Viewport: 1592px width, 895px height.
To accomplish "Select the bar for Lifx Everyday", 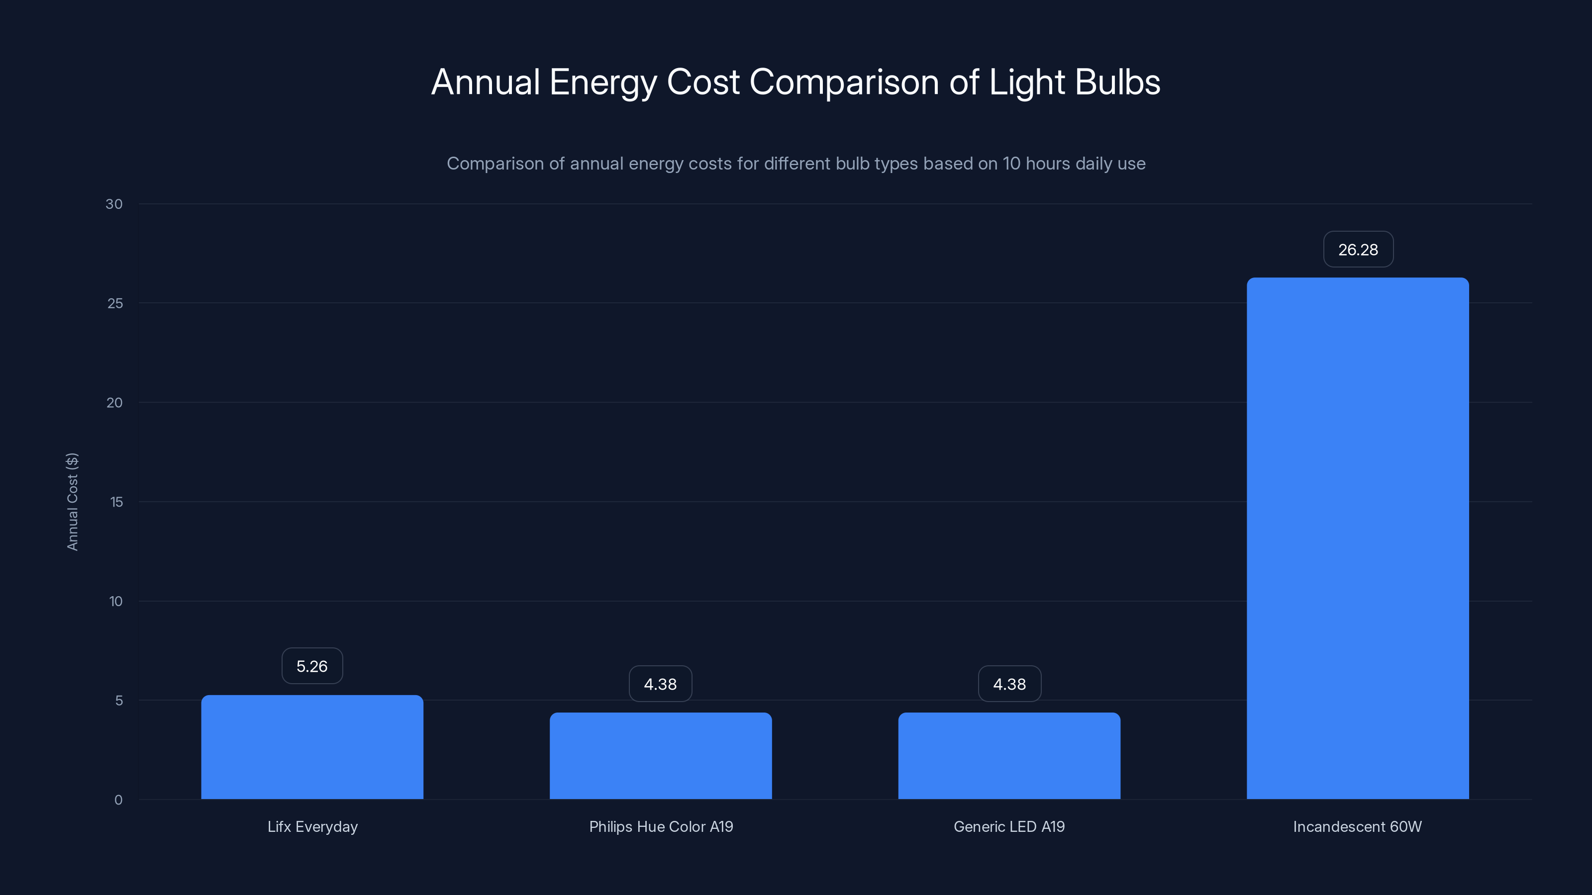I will click(312, 747).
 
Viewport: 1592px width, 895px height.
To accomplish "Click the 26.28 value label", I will click(1358, 250).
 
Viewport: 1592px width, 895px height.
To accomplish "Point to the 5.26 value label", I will click(312, 666).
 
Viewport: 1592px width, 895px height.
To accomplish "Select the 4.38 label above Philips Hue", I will click(660, 684).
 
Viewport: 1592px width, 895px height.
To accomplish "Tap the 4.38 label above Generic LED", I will click(1009, 684).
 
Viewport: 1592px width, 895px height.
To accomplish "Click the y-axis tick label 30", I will click(114, 204).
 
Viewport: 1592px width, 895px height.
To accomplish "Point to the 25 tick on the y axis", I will click(115, 303).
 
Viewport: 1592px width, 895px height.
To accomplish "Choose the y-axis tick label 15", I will click(116, 502).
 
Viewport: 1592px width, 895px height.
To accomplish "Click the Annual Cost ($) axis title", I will click(72, 502).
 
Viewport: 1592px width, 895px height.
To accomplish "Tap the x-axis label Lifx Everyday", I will click(312, 826).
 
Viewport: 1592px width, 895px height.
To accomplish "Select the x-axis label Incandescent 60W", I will click(1357, 826).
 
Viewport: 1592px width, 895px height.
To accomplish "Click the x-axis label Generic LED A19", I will click(1009, 826).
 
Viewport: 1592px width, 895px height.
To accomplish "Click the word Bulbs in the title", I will click(1117, 82).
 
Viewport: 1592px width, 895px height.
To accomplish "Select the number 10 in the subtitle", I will click(1011, 164).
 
